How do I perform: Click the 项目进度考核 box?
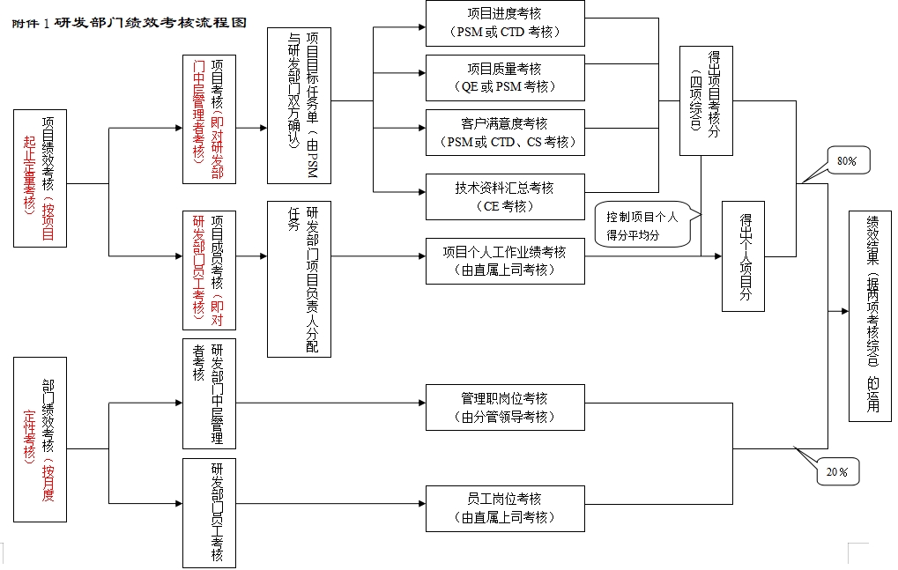(x=505, y=24)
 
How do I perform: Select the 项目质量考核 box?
(x=505, y=78)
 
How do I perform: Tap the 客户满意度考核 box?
(x=505, y=132)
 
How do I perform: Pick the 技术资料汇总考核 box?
(x=505, y=196)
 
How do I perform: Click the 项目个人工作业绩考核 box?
(x=505, y=261)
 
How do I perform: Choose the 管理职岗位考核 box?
(x=505, y=407)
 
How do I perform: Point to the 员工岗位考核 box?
(x=505, y=507)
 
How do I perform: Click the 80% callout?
(x=847, y=161)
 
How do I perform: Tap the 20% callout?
(x=836, y=472)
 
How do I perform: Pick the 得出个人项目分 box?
(x=743, y=255)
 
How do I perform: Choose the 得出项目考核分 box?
(x=706, y=101)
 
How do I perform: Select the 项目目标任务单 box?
(x=299, y=105)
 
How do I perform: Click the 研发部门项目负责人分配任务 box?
(x=299, y=278)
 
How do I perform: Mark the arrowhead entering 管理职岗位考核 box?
(x=420, y=404)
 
